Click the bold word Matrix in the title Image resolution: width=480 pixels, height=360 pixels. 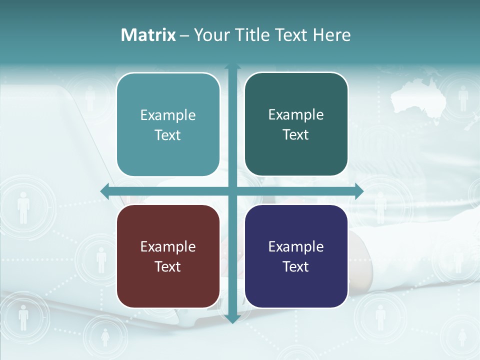click(148, 35)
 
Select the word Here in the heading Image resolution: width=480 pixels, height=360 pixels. click(331, 35)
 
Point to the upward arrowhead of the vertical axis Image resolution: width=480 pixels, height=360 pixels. click(232, 66)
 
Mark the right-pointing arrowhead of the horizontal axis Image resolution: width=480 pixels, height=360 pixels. click(358, 191)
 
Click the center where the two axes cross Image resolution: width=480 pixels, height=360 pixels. click(232, 191)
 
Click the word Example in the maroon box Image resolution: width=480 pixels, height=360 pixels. click(168, 246)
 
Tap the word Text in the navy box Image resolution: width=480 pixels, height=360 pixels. click(296, 266)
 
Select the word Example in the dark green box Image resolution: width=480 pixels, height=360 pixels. click(296, 114)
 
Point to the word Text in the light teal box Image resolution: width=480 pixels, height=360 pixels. click(168, 135)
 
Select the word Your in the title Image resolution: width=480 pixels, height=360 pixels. click(210, 35)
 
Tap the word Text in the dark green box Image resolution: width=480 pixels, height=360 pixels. click(296, 134)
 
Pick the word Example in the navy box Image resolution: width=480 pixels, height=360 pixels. click(296, 246)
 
